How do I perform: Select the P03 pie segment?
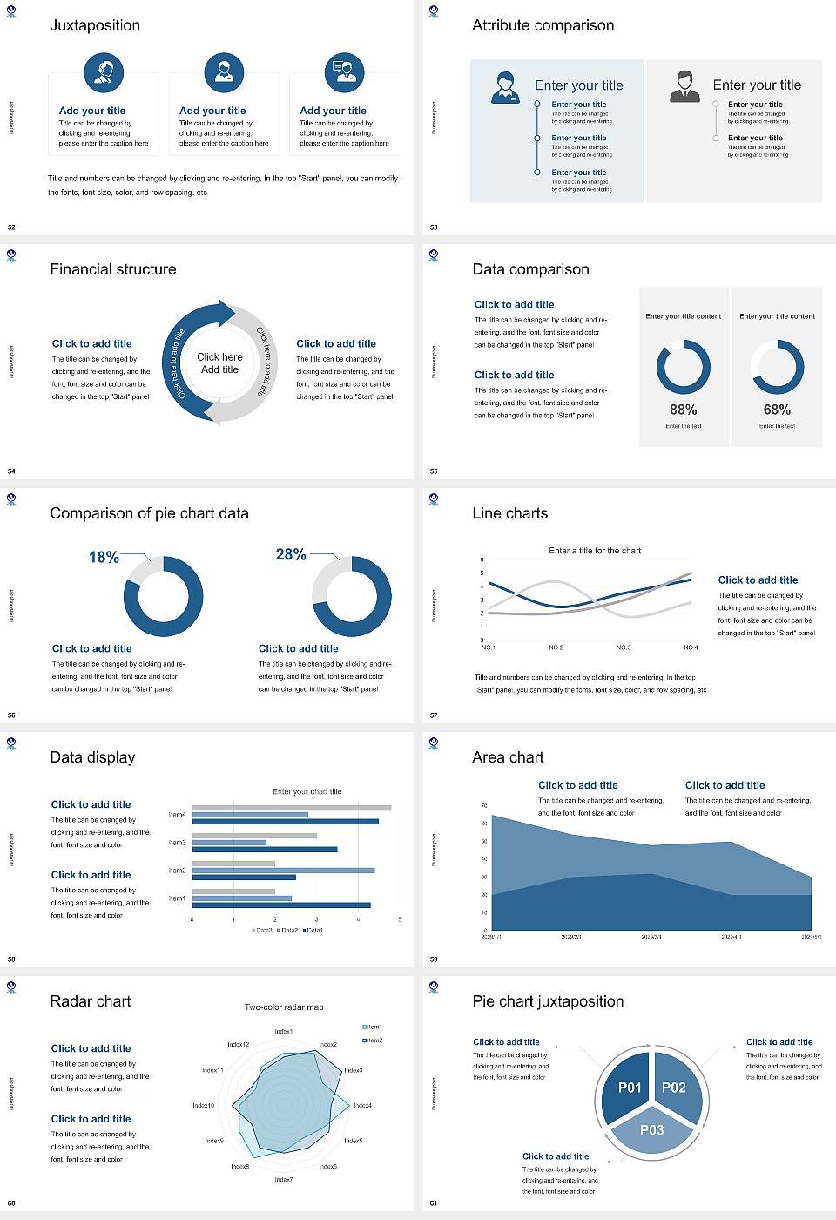pyautogui.click(x=651, y=1130)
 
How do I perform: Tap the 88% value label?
pyautogui.click(x=683, y=410)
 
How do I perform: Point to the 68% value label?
pyautogui.click(x=777, y=410)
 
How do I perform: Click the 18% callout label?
pyautogui.click(x=104, y=557)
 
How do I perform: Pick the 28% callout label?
pyautogui.click(x=290, y=554)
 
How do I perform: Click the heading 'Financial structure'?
pyautogui.click(x=113, y=269)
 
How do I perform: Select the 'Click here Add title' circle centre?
pyautogui.click(x=219, y=363)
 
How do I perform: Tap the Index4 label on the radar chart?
pyautogui.click(x=363, y=1105)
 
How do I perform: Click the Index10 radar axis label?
pyautogui.click(x=203, y=1105)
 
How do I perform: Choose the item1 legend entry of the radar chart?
pyautogui.click(x=373, y=1027)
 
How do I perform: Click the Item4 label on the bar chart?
pyautogui.click(x=177, y=815)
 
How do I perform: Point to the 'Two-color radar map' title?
pyautogui.click(x=284, y=1006)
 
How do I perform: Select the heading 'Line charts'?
pyautogui.click(x=510, y=513)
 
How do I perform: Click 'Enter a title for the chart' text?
pyautogui.click(x=595, y=551)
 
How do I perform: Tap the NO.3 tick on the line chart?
pyautogui.click(x=624, y=647)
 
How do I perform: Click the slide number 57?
pyautogui.click(x=434, y=715)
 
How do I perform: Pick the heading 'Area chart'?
pyautogui.click(x=508, y=757)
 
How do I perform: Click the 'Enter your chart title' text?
pyautogui.click(x=307, y=791)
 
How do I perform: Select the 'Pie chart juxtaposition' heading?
pyautogui.click(x=548, y=1001)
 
